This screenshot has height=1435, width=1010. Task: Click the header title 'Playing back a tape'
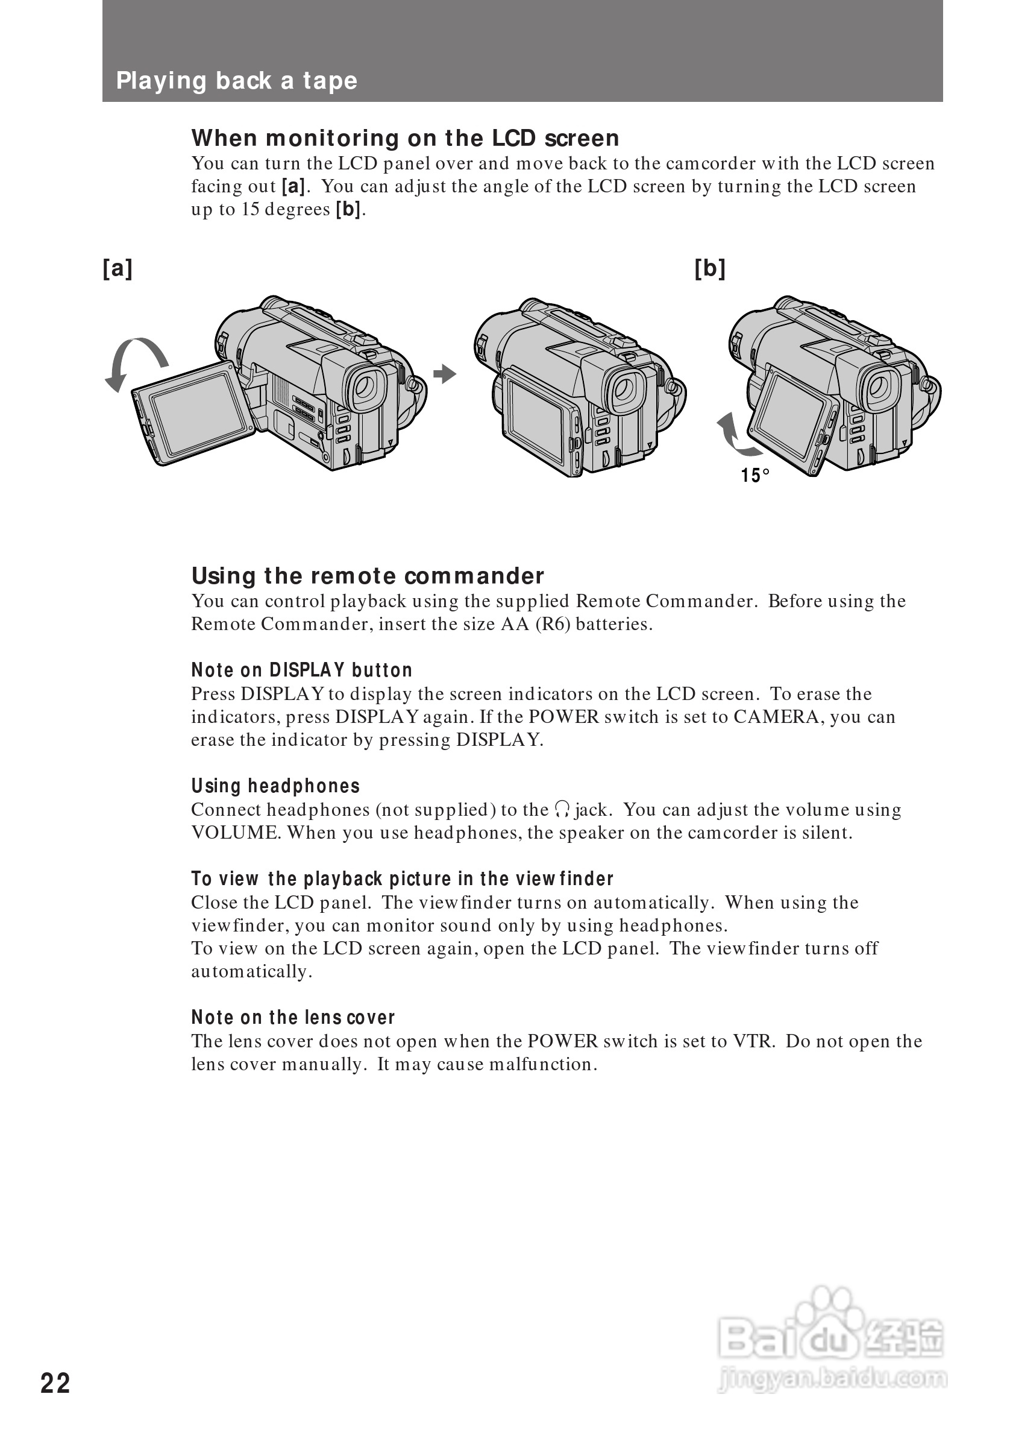pyautogui.click(x=237, y=81)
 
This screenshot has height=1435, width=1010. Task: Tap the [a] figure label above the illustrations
pyautogui.click(x=118, y=268)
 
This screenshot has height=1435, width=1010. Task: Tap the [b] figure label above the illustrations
pyautogui.click(x=709, y=268)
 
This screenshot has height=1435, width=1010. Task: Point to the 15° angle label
pyautogui.click(x=754, y=476)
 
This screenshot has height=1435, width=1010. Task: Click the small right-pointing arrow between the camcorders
pyautogui.click(x=445, y=374)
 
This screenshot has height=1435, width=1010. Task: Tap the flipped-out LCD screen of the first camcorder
pyautogui.click(x=198, y=412)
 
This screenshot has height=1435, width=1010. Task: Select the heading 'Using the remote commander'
pyautogui.click(x=367, y=576)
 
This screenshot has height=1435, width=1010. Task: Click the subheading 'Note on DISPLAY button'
pyautogui.click(x=302, y=670)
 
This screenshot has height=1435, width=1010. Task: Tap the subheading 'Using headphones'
pyautogui.click(x=275, y=786)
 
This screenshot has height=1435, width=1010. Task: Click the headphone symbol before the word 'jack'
pyautogui.click(x=562, y=810)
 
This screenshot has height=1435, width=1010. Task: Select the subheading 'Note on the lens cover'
pyautogui.click(x=293, y=1018)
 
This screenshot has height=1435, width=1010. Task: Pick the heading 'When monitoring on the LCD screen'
pyautogui.click(x=405, y=138)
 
